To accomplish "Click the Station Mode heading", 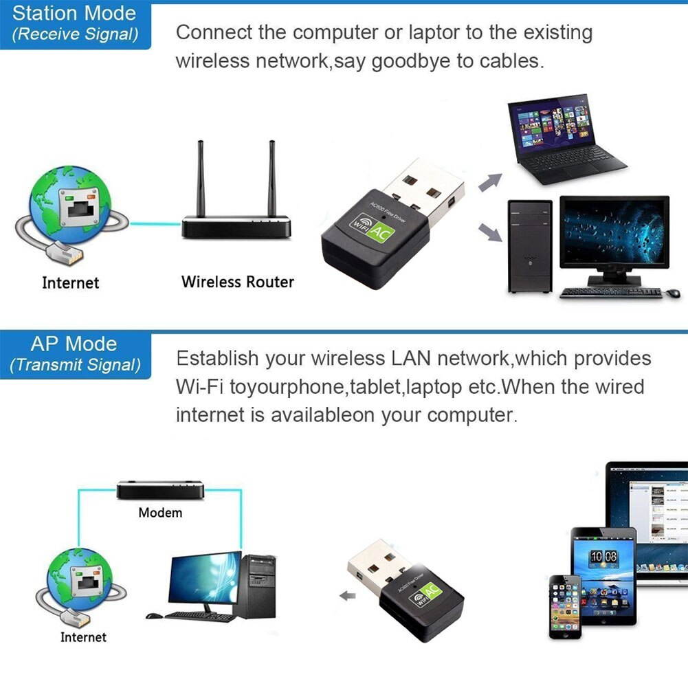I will point(74,13).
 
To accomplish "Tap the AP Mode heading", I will point(74,344).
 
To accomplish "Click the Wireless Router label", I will point(237,282).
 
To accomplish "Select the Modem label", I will point(160,513).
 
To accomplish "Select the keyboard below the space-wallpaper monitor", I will point(610,292).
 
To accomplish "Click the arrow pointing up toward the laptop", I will point(490,182).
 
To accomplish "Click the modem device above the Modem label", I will point(159,490).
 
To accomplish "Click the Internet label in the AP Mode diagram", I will point(83,637).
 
